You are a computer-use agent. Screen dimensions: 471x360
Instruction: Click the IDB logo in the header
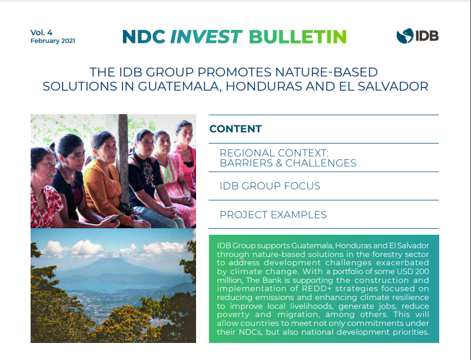pos(417,36)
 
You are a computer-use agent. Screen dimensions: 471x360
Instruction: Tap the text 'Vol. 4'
pos(41,32)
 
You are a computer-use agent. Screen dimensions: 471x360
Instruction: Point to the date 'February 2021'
pos(53,41)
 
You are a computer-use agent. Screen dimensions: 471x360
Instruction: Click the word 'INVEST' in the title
pos(206,36)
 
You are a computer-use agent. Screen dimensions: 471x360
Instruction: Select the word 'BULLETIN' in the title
pos(298,36)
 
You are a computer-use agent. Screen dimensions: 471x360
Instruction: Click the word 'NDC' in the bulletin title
pos(144,36)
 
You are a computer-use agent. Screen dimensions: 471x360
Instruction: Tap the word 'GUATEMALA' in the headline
pos(180,86)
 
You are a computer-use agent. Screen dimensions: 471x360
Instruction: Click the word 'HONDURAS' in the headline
pos(264,86)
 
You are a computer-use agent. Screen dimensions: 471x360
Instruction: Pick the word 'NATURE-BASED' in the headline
pos(327,72)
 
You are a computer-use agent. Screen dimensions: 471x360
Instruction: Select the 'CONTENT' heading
pos(235,129)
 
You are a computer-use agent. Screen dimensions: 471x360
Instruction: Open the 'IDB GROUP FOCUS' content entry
pos(270,186)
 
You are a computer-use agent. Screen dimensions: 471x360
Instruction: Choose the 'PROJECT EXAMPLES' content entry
pos(273,215)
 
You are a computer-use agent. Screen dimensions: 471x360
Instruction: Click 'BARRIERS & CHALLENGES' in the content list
pos(288,163)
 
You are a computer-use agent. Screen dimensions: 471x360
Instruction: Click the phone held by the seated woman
pos(117,217)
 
